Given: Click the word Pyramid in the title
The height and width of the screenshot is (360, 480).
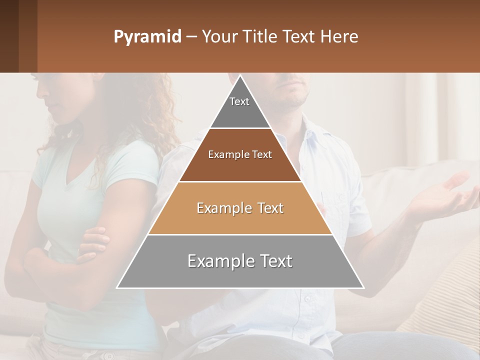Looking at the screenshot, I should [147, 37].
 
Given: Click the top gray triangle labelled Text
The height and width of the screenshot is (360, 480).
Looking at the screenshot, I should [239, 107].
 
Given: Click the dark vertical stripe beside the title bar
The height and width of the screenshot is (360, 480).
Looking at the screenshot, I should [28, 36].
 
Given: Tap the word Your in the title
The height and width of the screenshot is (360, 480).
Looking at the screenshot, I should [218, 36].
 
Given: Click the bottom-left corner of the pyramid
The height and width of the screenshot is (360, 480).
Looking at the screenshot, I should [117, 288].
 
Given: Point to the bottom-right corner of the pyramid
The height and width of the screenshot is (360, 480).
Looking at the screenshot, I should [363, 288].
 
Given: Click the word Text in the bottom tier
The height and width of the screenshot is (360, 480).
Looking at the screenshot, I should [272, 261].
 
